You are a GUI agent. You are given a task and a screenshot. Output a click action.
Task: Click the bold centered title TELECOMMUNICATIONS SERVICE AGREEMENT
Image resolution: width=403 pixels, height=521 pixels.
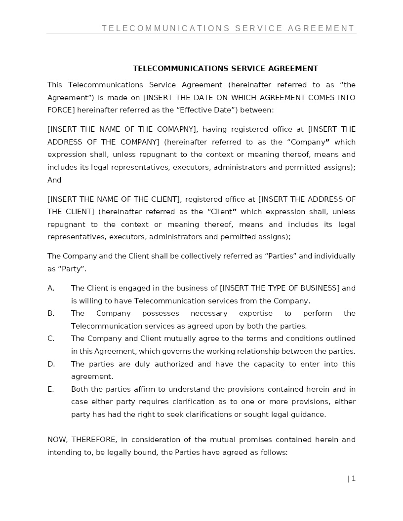pos(225,69)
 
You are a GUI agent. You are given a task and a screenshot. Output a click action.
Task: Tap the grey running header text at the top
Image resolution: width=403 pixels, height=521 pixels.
pos(228,29)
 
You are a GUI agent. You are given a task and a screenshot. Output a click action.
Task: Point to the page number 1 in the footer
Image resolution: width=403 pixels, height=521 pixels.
pos(354,479)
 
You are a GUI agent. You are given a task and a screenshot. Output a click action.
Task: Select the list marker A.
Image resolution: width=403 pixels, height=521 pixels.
pos(51,288)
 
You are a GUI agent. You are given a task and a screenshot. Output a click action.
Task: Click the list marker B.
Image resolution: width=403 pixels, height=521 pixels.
pos(51,313)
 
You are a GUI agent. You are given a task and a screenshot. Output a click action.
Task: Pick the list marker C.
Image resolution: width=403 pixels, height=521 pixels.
pos(51,338)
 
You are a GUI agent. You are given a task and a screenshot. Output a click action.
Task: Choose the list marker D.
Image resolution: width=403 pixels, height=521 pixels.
pos(51,364)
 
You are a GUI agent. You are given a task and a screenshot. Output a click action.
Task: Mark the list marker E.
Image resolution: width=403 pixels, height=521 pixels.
pos(50,389)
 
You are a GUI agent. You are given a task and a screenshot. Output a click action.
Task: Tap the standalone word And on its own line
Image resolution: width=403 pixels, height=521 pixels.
pos(54,180)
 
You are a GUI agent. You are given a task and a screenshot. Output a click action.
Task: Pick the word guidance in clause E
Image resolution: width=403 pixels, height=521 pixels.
pos(309,414)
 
